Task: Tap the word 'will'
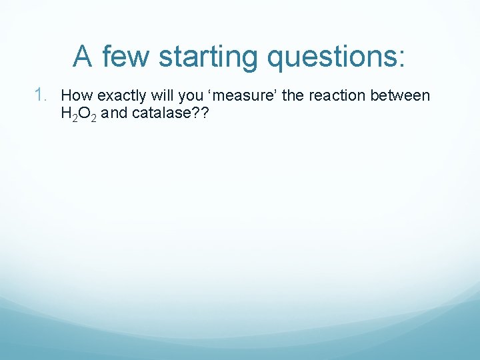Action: pos(161,96)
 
